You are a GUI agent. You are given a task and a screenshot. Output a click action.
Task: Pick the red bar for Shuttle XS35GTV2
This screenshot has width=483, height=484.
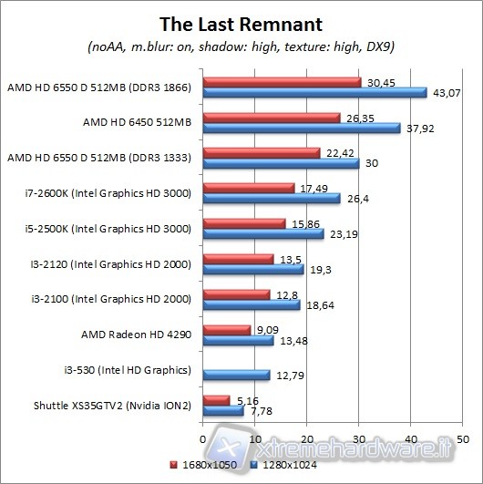pos(217,399)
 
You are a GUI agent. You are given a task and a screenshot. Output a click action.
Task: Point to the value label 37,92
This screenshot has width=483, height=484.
pos(417,129)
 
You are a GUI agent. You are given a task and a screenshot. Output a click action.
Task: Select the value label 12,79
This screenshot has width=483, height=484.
pos(289,375)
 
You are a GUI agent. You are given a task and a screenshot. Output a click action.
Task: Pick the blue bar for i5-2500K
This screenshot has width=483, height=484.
pos(264,234)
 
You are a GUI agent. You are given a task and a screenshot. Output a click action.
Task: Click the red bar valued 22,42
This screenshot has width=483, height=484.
pos(262,152)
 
